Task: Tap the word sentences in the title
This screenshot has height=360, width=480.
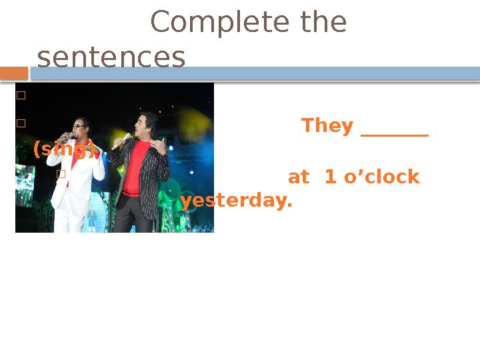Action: [x=111, y=58]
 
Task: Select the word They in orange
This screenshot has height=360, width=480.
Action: [x=327, y=125]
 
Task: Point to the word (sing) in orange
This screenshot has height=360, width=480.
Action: [x=64, y=149]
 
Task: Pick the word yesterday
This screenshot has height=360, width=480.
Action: [x=236, y=201]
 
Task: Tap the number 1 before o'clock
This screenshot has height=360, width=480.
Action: [x=329, y=177]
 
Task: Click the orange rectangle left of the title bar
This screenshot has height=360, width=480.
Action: [x=13, y=72]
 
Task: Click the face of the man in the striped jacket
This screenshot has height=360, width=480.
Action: [x=146, y=127]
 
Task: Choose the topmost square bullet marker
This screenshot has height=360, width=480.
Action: [x=21, y=95]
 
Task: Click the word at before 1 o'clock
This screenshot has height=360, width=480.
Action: [x=299, y=177]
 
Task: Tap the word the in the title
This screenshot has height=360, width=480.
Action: [x=324, y=23]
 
